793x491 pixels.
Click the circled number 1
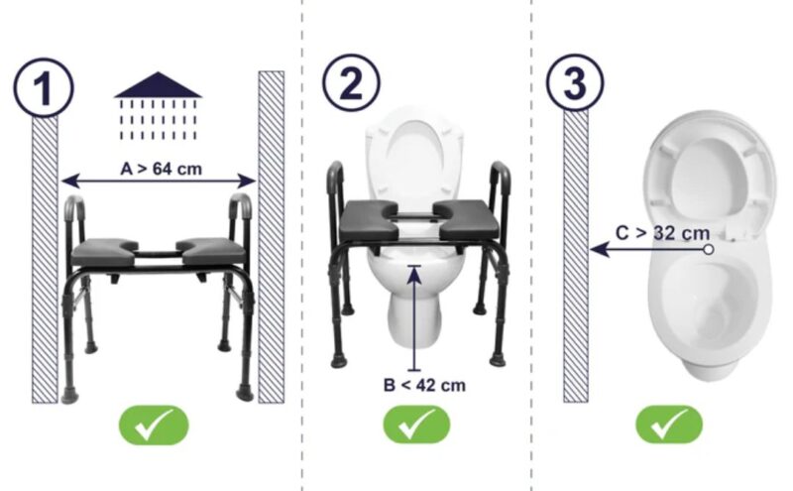(43, 87)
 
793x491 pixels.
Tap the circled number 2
(349, 87)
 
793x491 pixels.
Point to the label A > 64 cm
(161, 169)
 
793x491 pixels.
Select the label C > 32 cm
(662, 233)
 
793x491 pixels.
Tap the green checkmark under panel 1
(154, 425)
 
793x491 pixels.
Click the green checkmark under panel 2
(417, 425)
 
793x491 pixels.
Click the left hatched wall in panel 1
(45, 258)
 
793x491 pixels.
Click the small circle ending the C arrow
(709, 249)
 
